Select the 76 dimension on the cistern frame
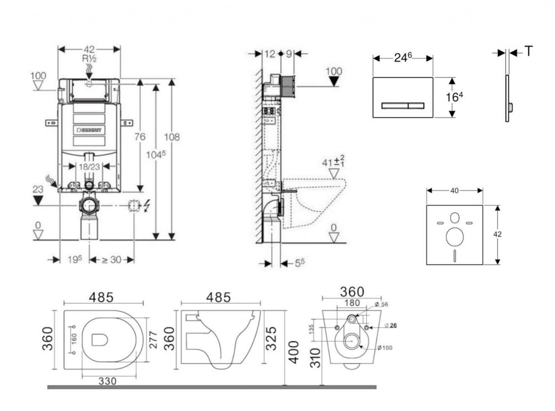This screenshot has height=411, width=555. [x=139, y=137]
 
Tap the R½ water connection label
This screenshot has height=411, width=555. [x=89, y=59]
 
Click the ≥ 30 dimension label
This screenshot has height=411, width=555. [x=112, y=260]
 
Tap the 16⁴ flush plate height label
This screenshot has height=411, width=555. [x=455, y=97]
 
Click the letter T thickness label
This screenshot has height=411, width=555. [x=528, y=52]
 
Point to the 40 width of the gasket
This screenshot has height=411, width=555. [x=454, y=190]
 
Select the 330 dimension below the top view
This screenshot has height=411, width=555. [x=108, y=381]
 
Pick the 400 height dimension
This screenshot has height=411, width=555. [x=293, y=353]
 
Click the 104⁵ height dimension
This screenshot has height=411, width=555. [x=156, y=155]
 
